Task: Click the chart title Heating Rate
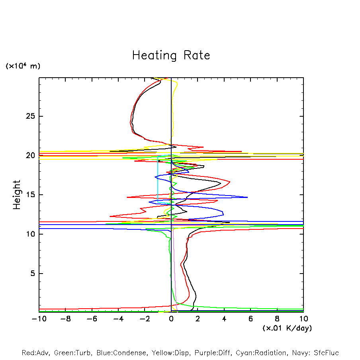pyautogui.click(x=171, y=55)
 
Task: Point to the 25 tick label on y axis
pyautogui.click(x=31, y=116)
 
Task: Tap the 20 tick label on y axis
pyautogui.click(x=31, y=156)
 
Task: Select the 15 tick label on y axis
pyautogui.click(x=31, y=195)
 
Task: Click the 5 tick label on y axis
pyautogui.click(x=33, y=274)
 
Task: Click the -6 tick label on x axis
pyautogui.click(x=92, y=319)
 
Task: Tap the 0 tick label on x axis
pyautogui.click(x=171, y=319)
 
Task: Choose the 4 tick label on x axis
pyautogui.click(x=224, y=319)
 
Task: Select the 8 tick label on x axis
pyautogui.click(x=277, y=319)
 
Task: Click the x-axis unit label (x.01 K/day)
pyautogui.click(x=287, y=328)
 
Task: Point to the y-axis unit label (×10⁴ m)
pyautogui.click(x=23, y=66)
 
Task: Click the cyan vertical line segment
pyautogui.click(x=158, y=179)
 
